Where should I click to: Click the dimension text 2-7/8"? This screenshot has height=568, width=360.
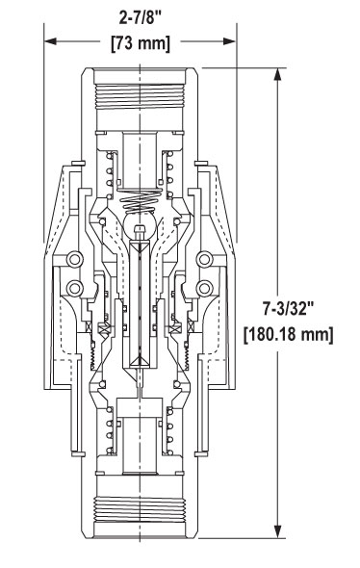pos(141,18)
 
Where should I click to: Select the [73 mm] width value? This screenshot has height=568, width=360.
pos(141,43)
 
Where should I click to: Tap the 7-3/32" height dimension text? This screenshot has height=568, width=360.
pos(289,309)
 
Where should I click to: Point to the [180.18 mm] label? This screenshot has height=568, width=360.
pos(289,335)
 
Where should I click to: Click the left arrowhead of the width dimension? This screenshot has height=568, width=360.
pos(50,41)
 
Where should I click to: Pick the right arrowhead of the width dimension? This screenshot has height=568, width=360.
pos(230,41)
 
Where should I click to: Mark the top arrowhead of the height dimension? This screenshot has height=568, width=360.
pos(278,75)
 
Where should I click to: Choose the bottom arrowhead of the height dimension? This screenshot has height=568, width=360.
pos(278,531)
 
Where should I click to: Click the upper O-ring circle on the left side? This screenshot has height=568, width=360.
pos(75,259)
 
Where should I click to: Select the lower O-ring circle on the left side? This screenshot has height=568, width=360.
pos(75,288)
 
